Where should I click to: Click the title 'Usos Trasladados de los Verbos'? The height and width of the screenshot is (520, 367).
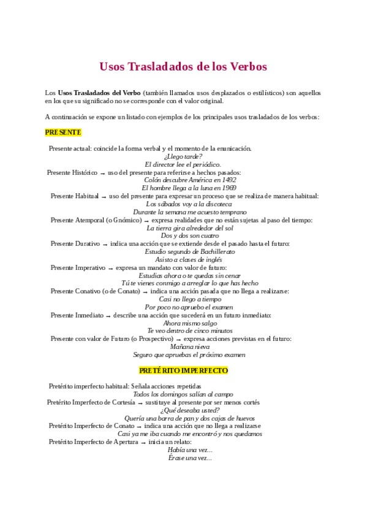(x=183, y=66)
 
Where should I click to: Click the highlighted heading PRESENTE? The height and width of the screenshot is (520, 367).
(x=63, y=132)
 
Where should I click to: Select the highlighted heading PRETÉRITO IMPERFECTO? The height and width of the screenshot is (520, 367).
(x=183, y=371)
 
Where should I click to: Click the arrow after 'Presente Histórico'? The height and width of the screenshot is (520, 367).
(x=102, y=173)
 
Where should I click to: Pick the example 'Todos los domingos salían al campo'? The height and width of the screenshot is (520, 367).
(x=183, y=394)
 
